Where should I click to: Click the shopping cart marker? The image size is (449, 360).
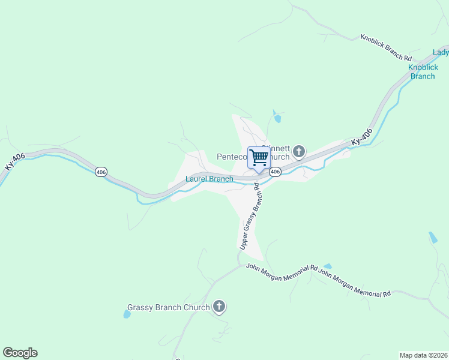(x=259, y=158)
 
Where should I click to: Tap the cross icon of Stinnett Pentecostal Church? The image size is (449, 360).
(x=299, y=151)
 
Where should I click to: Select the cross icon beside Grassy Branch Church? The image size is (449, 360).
(x=219, y=307)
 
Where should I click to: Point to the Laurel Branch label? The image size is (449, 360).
(x=209, y=179)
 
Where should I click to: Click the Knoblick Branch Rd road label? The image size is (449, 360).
(x=386, y=47)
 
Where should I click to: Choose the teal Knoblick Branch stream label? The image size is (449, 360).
(x=423, y=72)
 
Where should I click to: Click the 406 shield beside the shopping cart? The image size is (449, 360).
(x=275, y=172)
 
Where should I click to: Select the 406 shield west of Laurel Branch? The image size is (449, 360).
(x=101, y=172)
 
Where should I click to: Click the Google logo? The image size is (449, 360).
(x=20, y=353)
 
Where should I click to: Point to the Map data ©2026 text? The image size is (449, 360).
(x=423, y=355)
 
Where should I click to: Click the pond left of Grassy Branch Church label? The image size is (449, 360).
(x=127, y=313)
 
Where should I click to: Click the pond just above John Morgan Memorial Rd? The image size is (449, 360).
(x=327, y=266)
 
